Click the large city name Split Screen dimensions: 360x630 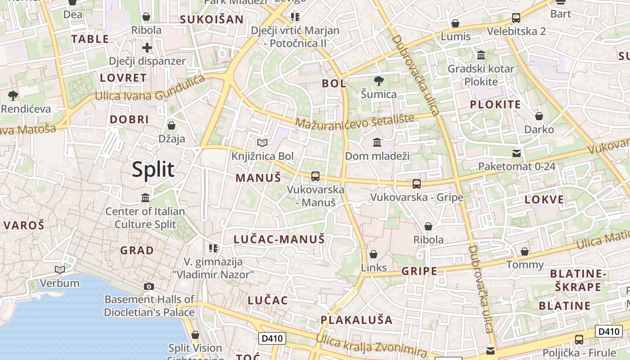click(153, 170)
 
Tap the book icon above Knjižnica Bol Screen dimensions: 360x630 click(262, 143)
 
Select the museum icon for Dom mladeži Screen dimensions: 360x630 click(377, 143)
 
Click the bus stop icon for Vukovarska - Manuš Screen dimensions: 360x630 click(315, 176)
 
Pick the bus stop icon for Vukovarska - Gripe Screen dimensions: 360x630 click(417, 184)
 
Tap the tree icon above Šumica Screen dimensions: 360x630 click(379, 81)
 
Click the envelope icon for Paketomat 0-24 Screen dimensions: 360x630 click(517, 153)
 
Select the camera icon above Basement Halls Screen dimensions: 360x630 click(149, 286)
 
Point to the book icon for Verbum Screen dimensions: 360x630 click(59, 270)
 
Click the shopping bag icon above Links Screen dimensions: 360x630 click(373, 254)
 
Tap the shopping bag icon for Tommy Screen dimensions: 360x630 click(525, 252)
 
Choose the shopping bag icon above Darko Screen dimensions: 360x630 click(539, 117)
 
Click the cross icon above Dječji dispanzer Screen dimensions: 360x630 click(147, 48)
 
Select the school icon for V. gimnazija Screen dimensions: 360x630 click(213, 248)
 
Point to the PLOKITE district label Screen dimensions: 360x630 click(495, 105)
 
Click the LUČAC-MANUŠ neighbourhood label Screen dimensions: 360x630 click(279, 239)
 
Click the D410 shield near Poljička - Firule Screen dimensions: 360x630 click(609, 332)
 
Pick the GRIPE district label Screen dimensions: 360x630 click(419, 271)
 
